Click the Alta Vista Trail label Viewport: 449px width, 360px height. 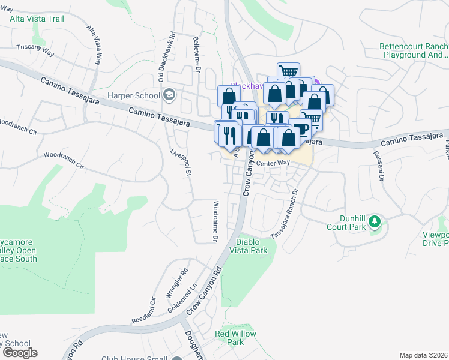(x=37, y=19)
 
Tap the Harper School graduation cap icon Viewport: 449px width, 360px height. (x=170, y=95)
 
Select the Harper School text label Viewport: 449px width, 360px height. (x=134, y=95)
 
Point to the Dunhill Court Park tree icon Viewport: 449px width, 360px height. (x=375, y=222)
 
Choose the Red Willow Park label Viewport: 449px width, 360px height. (x=236, y=338)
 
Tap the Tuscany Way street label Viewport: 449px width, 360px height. (x=35, y=50)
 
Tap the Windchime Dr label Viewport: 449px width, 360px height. (x=215, y=221)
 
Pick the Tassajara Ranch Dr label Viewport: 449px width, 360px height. (x=284, y=214)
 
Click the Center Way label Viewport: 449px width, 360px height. (x=273, y=163)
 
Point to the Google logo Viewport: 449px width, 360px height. (x=19, y=353)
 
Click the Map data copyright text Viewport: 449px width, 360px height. (x=423, y=355)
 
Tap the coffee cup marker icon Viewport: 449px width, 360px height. (x=301, y=128)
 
